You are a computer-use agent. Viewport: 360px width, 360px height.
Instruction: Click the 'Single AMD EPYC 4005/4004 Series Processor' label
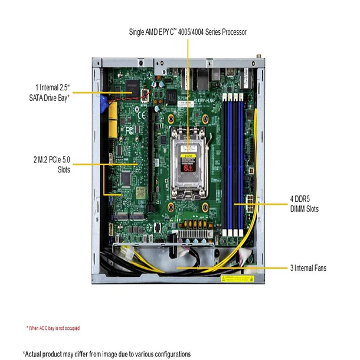187,31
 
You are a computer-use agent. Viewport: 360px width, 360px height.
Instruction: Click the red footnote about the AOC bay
53,328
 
